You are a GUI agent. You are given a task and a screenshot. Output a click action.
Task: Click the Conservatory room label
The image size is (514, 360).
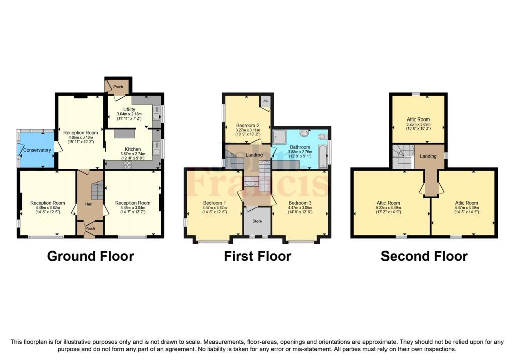37,150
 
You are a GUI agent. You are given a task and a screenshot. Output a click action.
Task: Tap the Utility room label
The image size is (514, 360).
129,109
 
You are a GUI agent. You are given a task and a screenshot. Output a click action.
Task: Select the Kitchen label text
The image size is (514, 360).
133,149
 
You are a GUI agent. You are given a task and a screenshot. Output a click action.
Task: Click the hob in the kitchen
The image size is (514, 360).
127,165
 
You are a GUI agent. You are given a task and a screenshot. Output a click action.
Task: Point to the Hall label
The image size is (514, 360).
88,204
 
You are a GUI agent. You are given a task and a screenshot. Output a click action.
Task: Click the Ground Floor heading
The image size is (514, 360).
90,256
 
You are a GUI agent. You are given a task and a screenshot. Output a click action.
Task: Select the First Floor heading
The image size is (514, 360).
258,256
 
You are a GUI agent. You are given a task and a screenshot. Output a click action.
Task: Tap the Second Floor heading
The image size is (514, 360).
424,256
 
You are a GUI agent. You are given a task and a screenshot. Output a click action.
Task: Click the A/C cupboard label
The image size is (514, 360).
265,101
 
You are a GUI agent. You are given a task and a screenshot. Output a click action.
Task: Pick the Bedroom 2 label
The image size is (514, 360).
248,125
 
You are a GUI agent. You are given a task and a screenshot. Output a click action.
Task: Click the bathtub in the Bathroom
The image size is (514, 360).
323,157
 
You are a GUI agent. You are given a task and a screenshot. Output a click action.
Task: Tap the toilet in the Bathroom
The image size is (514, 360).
322,137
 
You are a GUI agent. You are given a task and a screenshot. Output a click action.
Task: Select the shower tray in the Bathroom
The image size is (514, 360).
280,136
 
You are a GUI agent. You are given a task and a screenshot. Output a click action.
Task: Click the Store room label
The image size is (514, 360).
258,221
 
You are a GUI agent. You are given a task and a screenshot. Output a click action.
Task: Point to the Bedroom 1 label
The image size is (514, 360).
215,203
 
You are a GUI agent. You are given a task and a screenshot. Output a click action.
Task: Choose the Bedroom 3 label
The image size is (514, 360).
300,203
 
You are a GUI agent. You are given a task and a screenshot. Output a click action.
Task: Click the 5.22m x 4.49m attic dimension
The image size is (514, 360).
389,207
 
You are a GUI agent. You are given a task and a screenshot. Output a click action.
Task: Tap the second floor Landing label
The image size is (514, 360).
428,156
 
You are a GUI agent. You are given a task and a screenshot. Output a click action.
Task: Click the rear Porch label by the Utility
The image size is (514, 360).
118,87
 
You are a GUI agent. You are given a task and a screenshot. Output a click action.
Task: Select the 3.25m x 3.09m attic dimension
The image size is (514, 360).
418,124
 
